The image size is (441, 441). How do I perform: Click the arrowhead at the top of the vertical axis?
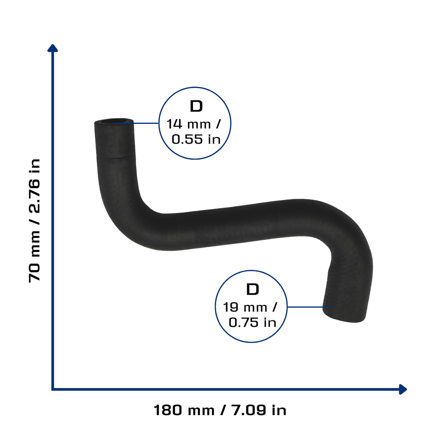53,48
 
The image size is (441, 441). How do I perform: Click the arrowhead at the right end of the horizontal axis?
403,389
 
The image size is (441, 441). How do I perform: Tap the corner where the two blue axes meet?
53,389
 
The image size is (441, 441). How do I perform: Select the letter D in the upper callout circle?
196,106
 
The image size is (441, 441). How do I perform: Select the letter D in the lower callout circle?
252,289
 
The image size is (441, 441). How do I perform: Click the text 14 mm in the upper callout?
189,124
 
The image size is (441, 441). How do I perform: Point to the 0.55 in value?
196,139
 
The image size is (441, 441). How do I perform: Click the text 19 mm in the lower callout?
245,307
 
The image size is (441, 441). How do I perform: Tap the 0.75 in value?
252,322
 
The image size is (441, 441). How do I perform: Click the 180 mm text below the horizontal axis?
184,410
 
